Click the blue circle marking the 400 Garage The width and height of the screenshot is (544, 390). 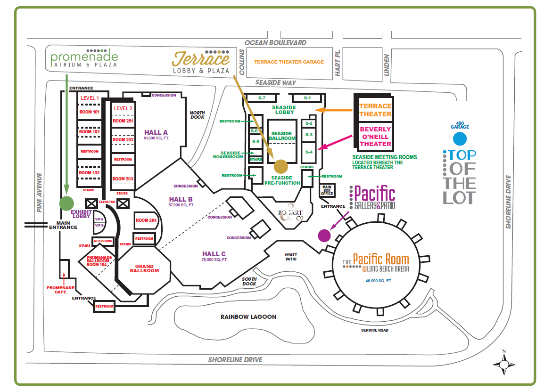(459, 139)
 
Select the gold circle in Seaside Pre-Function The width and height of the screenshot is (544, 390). (280, 166)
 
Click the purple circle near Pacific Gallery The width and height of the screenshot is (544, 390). (324, 235)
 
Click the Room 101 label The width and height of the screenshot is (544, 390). (90, 112)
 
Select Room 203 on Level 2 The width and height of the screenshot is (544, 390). (123, 179)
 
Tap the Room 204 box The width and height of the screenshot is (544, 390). (146, 220)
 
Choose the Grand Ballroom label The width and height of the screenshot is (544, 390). (144, 268)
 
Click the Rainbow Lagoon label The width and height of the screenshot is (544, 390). (248, 317)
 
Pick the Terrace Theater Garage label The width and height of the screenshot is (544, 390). (289, 62)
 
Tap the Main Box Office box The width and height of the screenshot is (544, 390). (327, 190)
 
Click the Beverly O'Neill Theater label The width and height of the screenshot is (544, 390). (375, 136)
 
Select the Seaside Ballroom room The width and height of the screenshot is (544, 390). (282, 136)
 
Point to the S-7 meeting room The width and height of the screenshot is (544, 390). (262, 98)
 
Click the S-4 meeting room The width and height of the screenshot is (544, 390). (308, 152)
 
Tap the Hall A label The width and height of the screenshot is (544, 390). (156, 132)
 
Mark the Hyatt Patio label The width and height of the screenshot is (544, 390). (291, 256)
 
